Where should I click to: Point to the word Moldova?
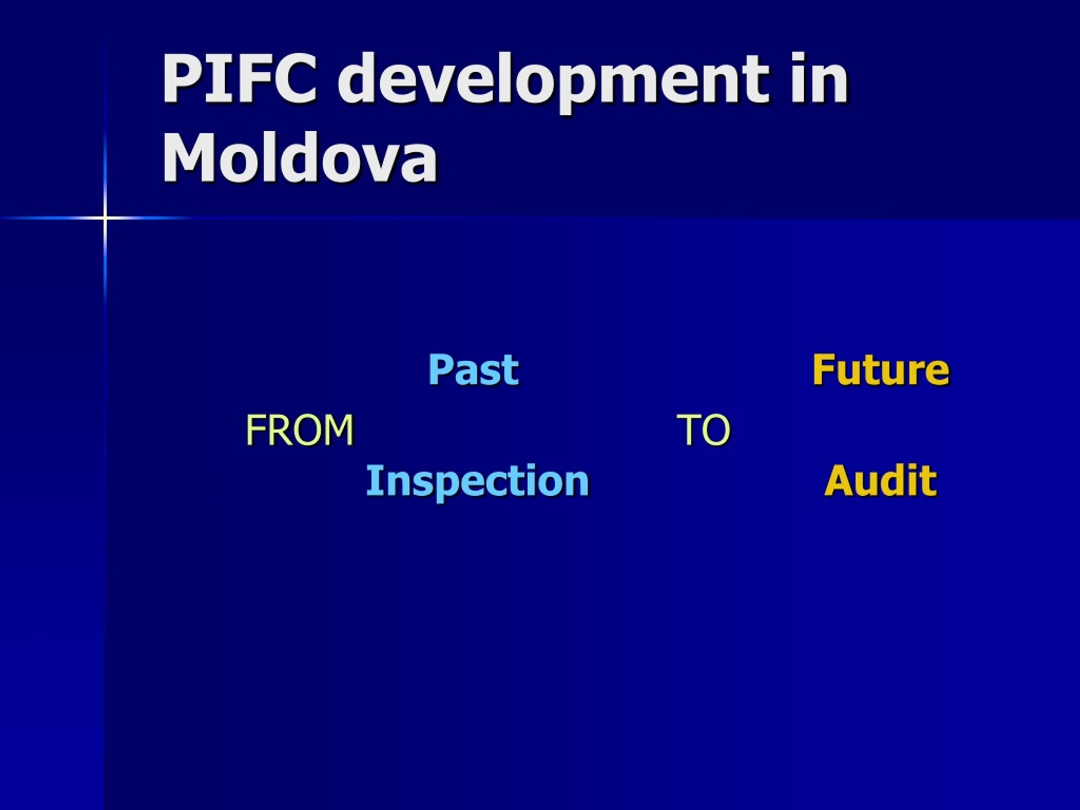click(299, 157)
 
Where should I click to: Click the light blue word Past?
click(473, 370)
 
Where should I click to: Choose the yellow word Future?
click(881, 370)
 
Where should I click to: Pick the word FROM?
click(299, 429)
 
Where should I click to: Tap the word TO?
click(704, 429)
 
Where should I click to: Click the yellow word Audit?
click(880, 481)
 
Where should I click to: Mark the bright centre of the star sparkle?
click(105, 217)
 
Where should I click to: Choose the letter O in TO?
click(717, 429)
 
